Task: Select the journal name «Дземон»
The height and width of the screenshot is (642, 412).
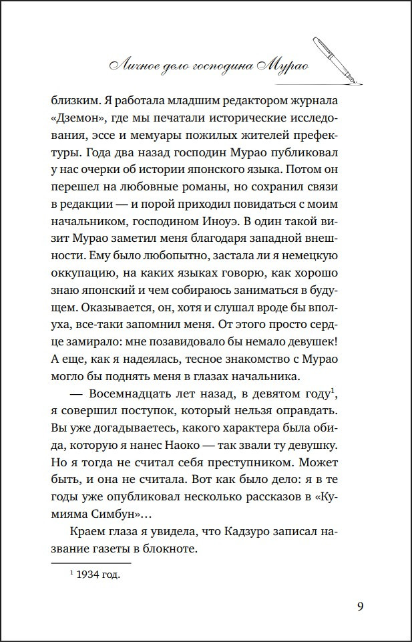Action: (x=74, y=119)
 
